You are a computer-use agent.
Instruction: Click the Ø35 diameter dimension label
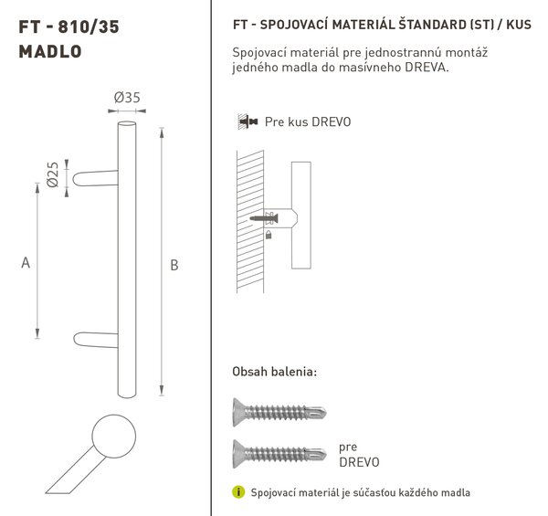[x=127, y=98]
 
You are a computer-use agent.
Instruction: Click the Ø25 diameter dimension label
[x=53, y=174]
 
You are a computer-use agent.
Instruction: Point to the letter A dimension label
[x=26, y=262]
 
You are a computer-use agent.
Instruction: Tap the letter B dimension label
[x=174, y=265]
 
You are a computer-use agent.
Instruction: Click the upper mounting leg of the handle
[x=95, y=178]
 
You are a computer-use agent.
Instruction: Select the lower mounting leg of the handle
[x=96, y=340]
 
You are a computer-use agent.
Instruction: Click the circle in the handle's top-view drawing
[x=114, y=436]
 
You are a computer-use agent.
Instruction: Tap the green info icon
[x=238, y=492]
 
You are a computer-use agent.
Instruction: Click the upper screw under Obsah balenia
[x=279, y=412]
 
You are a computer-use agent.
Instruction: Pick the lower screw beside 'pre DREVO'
[x=279, y=454]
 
